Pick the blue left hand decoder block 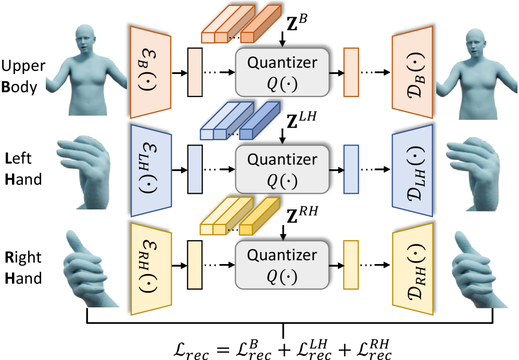[412, 170]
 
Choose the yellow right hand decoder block [412, 269]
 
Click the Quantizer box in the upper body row [282, 71]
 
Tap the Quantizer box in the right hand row [282, 264]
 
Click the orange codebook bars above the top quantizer [234, 24]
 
